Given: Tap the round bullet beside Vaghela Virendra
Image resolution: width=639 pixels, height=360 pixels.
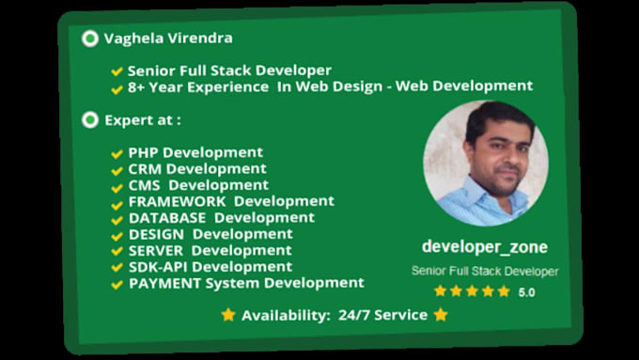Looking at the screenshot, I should pyautogui.click(x=90, y=39).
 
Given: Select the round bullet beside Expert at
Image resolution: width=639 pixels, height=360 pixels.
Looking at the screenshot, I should pyautogui.click(x=90, y=120).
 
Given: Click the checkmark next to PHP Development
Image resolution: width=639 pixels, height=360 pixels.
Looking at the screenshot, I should pyautogui.click(x=117, y=153).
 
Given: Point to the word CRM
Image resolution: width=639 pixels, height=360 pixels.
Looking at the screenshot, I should pyautogui.click(x=146, y=169).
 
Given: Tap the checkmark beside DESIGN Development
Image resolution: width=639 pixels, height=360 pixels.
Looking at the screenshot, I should pyautogui.click(x=117, y=234).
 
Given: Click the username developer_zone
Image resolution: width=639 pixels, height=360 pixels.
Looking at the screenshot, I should pyautogui.click(x=484, y=246).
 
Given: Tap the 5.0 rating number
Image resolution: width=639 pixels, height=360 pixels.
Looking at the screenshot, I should pyautogui.click(x=526, y=292).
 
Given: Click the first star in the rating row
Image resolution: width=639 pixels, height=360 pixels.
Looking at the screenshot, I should pyautogui.click(x=440, y=291).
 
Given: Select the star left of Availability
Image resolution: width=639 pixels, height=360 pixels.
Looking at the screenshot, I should pyautogui.click(x=228, y=315).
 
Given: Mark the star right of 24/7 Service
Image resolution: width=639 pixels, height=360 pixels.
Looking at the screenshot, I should pyautogui.click(x=441, y=315).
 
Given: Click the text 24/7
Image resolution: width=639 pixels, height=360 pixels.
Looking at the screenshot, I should pyautogui.click(x=352, y=315).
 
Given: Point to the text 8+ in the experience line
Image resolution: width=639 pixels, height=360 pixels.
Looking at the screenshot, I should pyautogui.click(x=138, y=86).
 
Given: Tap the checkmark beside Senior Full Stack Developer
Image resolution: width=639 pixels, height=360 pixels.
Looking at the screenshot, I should pyautogui.click(x=117, y=71).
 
